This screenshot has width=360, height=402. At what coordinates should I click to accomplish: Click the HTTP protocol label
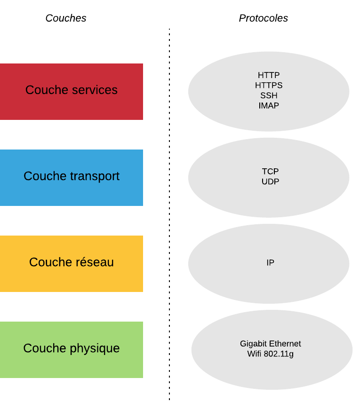coord(269,75)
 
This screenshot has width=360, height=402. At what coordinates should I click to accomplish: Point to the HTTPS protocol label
coord(269,86)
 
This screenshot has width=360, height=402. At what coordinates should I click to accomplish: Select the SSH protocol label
coord(269,95)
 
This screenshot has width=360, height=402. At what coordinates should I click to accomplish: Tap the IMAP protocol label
coord(269,106)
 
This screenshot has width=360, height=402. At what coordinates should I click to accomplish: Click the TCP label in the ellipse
coord(270,172)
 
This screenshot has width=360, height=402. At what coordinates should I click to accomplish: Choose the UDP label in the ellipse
coord(270,181)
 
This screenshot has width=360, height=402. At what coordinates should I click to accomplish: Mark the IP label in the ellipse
coord(270,263)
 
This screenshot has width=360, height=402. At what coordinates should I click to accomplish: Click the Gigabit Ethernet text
coord(270,344)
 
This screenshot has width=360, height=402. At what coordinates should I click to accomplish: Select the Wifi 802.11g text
coord(270,354)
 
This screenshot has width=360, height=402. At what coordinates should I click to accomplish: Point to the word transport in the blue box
coord(95,176)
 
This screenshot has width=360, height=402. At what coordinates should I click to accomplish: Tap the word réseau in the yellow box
coord(93,262)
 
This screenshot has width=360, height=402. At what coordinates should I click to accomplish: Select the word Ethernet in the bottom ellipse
coord(285,344)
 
